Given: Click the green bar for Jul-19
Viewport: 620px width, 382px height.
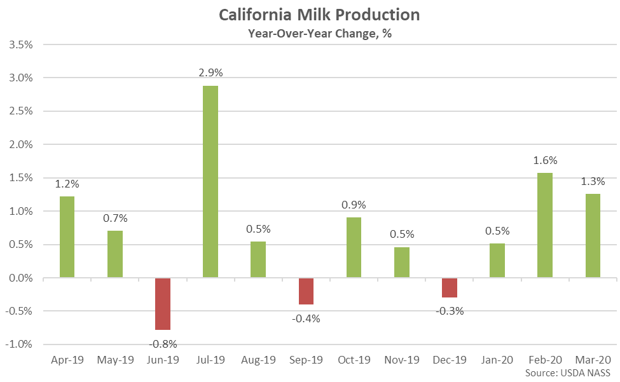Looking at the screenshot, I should pyautogui.click(x=210, y=182).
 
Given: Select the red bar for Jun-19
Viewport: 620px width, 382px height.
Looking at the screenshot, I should pyautogui.click(x=163, y=304).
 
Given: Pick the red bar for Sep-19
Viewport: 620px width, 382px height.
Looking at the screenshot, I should pyautogui.click(x=306, y=291).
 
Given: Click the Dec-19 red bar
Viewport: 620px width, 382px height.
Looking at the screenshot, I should pyautogui.click(x=450, y=288).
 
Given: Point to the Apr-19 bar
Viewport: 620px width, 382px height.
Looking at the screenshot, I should pyautogui.click(x=67, y=237).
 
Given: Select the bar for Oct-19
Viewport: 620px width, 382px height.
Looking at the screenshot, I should pyautogui.click(x=354, y=247).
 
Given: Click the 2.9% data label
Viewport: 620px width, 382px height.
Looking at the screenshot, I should pyautogui.click(x=210, y=73).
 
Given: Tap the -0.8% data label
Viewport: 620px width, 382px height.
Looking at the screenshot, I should pyautogui.click(x=163, y=344).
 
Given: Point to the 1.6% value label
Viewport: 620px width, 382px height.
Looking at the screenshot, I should pyautogui.click(x=545, y=160).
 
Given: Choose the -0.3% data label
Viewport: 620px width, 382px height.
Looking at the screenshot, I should pyautogui.click(x=450, y=311).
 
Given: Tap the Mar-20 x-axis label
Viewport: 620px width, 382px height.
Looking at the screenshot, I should pyautogui.click(x=593, y=360).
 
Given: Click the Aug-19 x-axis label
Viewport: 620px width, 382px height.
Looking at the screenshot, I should pyautogui.click(x=258, y=360).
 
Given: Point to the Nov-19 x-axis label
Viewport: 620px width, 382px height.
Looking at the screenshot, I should pyautogui.click(x=401, y=360).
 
